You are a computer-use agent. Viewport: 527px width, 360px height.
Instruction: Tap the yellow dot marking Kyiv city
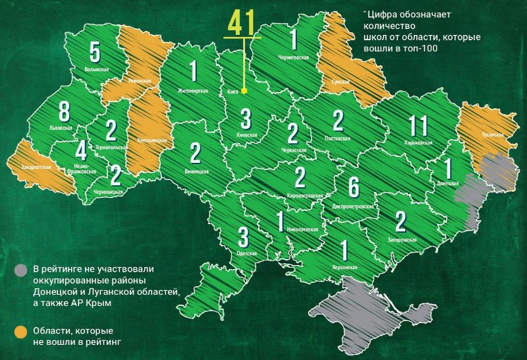coord(244,90)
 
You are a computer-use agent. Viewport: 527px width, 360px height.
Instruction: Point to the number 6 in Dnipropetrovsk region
coord(354,187)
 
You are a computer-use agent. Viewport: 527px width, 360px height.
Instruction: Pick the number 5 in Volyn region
coord(96,50)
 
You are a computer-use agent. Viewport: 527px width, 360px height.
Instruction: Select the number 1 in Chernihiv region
coord(294,40)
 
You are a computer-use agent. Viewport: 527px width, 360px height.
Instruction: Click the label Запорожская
coord(401,239)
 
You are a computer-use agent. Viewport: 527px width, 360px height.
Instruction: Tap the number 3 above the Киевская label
coord(246,119)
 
